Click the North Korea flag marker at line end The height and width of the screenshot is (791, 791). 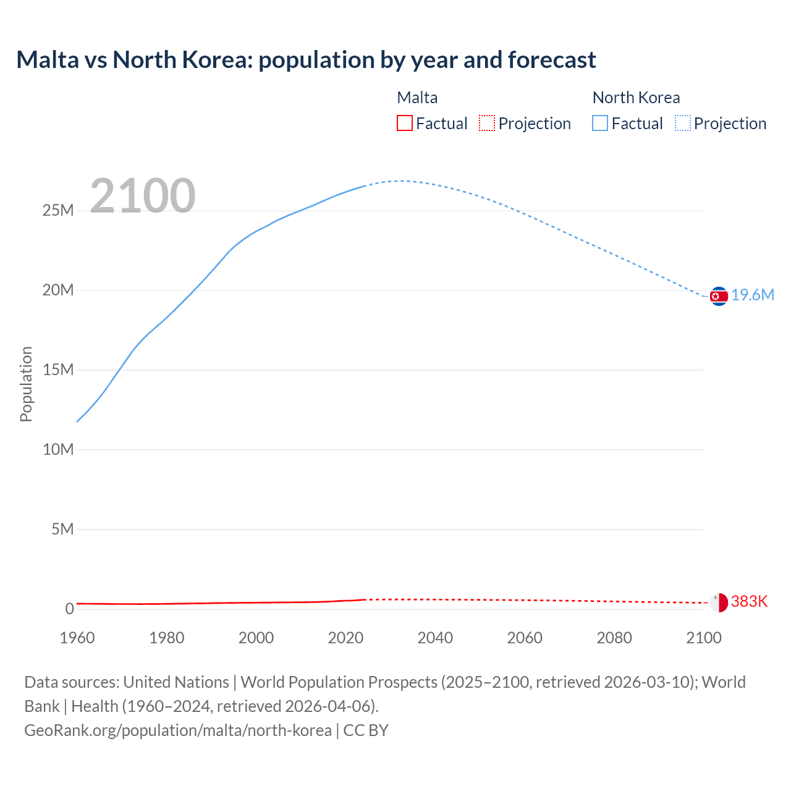pyautogui.click(x=719, y=297)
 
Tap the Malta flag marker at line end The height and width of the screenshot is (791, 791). pyautogui.click(x=719, y=603)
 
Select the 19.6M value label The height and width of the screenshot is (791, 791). pyautogui.click(x=753, y=295)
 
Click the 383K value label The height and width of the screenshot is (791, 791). pyautogui.click(x=749, y=602)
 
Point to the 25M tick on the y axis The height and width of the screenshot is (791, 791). pyautogui.click(x=58, y=211)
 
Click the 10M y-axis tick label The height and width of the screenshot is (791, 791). pyautogui.click(x=58, y=450)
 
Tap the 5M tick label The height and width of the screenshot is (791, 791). pyautogui.click(x=62, y=530)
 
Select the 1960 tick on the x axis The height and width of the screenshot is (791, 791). pyautogui.click(x=77, y=638)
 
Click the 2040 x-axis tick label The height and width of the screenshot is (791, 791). pyautogui.click(x=435, y=638)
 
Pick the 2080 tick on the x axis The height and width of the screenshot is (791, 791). pyautogui.click(x=614, y=638)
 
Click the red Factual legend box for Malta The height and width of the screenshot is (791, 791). pyautogui.click(x=405, y=124)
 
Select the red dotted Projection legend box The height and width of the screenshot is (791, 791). pyautogui.click(x=487, y=124)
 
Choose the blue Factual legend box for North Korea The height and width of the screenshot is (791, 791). pyautogui.click(x=600, y=124)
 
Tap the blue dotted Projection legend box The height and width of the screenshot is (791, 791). pyautogui.click(x=683, y=124)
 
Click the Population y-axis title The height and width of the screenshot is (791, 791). pyautogui.click(x=26, y=384)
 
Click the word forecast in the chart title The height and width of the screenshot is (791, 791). pyautogui.click(x=552, y=60)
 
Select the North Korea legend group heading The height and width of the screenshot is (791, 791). pyautogui.click(x=636, y=98)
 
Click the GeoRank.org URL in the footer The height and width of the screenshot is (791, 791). pyautogui.click(x=178, y=730)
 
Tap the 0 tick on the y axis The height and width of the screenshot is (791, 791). pyautogui.click(x=69, y=609)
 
